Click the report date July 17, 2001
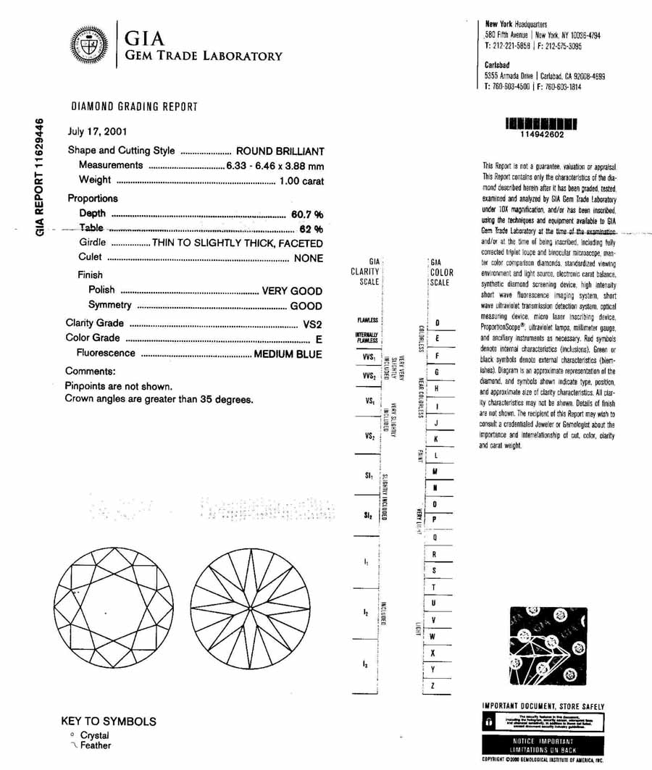(x=96, y=132)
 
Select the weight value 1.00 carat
(x=301, y=180)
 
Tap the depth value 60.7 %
(x=306, y=214)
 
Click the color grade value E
(x=319, y=338)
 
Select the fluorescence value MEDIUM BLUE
(x=288, y=353)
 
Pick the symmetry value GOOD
(x=306, y=306)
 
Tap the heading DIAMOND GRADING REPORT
(x=134, y=107)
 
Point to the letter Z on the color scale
(x=432, y=685)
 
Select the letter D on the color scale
(x=438, y=322)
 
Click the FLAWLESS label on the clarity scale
(x=367, y=319)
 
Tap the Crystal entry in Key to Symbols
(x=94, y=735)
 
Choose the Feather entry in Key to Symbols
(x=95, y=745)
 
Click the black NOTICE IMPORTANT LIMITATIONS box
(x=542, y=745)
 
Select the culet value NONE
(x=308, y=258)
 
